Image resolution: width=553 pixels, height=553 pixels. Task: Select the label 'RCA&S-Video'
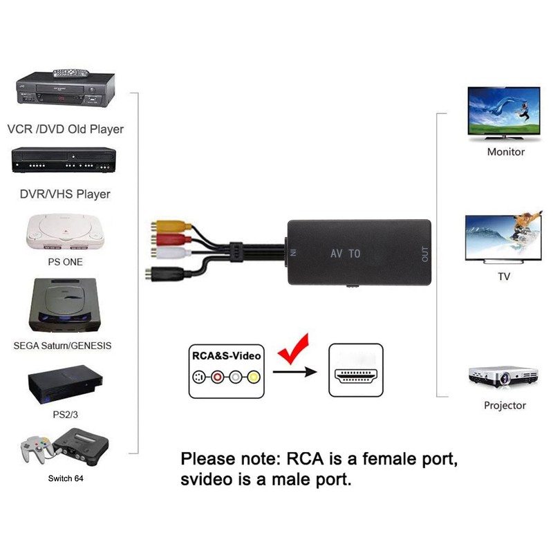pos(226,356)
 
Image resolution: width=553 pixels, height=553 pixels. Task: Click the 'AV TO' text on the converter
pos(346,254)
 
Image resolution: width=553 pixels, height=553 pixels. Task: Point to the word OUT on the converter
pos(424,254)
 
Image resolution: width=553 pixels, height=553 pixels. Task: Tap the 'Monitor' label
pos(505,152)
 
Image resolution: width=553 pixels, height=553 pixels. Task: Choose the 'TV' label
pos(504,276)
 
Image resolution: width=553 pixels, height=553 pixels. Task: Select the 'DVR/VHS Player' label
pos(65,194)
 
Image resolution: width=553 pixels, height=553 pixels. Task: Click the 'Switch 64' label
pos(66,478)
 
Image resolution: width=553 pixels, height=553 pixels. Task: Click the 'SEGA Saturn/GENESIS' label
pos(62,345)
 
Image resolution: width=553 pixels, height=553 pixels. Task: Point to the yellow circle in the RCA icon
pos(253,377)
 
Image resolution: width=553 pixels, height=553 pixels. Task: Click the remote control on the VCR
pos(71,72)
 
